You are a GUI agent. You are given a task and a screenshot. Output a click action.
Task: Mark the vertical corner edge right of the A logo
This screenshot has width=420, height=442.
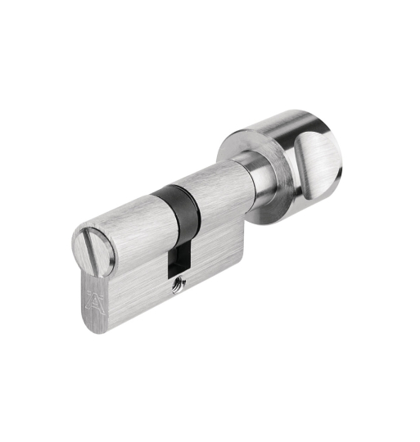click(107, 299)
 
